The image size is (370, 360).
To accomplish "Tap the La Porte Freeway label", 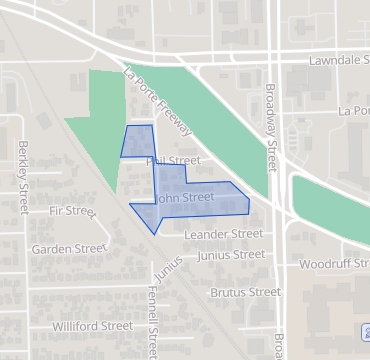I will pos(158,101).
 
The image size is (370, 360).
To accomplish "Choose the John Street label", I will pos(185,198).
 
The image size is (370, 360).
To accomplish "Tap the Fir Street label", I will pos(71,212).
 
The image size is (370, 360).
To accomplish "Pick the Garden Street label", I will pos(68,248).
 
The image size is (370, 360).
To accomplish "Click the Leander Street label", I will pos(224,234).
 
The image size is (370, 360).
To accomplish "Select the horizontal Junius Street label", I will pos(231,255).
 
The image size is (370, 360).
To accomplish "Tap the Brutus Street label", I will pos(245,293).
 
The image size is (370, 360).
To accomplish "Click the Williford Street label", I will pos(92,326).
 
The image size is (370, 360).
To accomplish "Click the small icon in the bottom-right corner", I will pos(363,330).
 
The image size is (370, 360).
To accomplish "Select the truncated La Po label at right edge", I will pos(354,110).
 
